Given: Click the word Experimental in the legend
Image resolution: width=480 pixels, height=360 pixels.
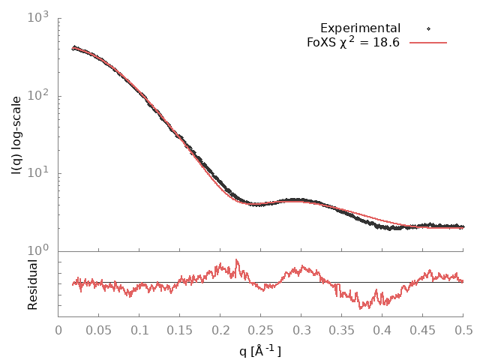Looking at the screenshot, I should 360,28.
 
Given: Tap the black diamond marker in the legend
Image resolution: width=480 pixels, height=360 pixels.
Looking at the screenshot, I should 428,28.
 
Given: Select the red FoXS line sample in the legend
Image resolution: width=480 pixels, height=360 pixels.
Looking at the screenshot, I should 428,42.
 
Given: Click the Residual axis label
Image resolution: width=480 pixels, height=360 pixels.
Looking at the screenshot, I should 32,285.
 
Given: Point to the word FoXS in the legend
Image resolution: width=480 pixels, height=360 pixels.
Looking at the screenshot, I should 321,43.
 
